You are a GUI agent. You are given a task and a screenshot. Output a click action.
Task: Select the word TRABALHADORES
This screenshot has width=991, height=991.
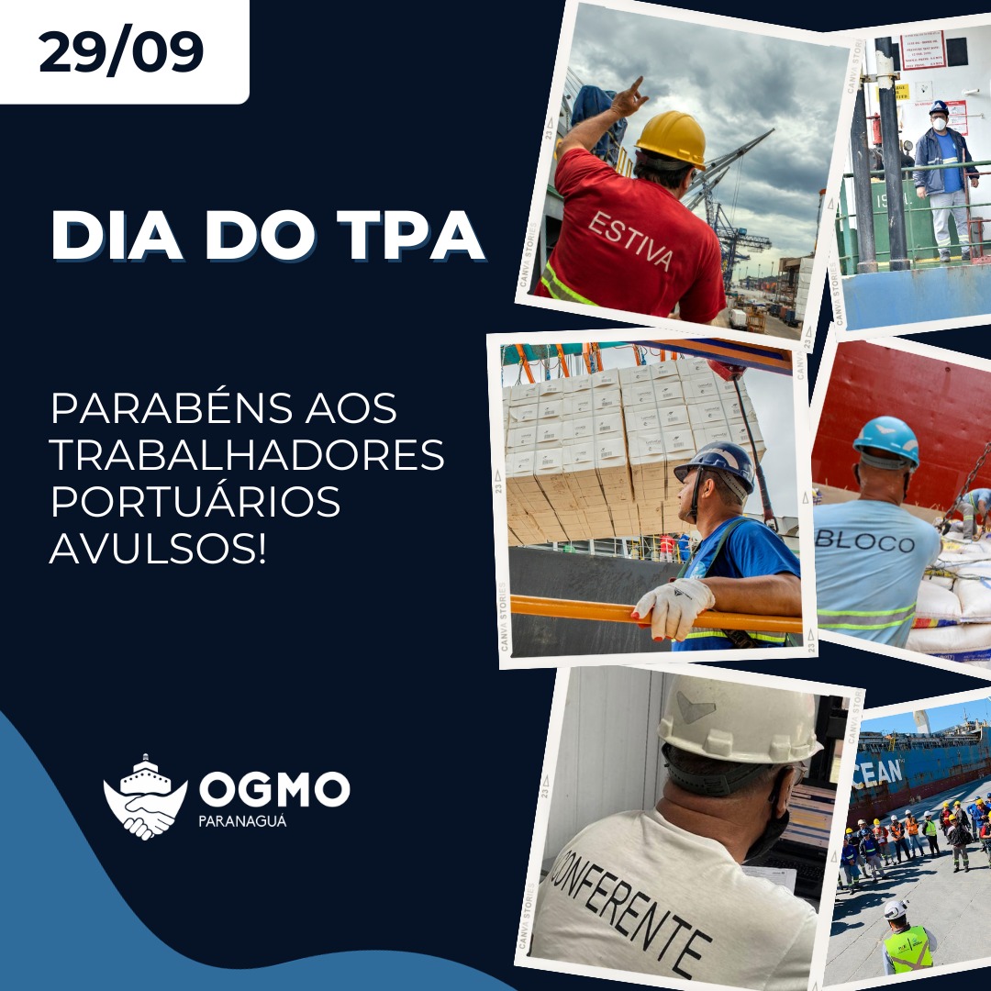coord(247,455)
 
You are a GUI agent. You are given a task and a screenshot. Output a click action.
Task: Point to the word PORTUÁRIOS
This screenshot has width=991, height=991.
coord(195,502)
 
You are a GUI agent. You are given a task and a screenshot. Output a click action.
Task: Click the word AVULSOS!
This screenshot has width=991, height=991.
coord(157,548)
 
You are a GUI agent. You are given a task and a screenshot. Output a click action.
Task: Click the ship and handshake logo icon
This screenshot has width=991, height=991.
coord(145,797)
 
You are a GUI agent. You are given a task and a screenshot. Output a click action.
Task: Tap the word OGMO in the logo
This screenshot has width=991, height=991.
coord(274,790)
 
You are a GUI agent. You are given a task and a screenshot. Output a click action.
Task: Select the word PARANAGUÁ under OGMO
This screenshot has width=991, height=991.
coord(242,821)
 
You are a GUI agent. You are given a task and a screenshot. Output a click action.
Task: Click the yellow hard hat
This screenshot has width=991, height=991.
coord(672,138)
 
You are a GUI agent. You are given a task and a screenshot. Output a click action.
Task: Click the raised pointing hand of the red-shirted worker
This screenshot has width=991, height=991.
coord(629,96)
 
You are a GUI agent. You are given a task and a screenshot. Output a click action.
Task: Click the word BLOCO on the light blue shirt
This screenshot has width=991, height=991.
coord(864,540)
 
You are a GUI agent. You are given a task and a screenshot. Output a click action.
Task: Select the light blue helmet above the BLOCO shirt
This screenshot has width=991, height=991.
coord(886,440)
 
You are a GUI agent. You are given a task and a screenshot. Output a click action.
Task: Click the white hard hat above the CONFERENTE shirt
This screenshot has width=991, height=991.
coord(738,721)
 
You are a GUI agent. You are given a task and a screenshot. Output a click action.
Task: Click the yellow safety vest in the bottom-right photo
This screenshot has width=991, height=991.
coord(907,950)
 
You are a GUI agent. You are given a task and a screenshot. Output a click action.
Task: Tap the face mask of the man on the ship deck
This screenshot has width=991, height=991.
coord(939,122)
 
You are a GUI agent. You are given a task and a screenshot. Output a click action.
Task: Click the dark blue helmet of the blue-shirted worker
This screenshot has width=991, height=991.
coord(717,462)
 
